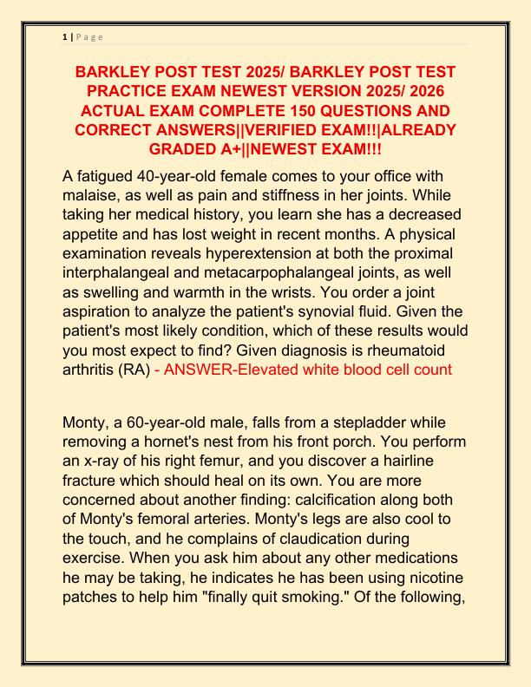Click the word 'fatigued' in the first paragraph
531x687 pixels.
[108, 177]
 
